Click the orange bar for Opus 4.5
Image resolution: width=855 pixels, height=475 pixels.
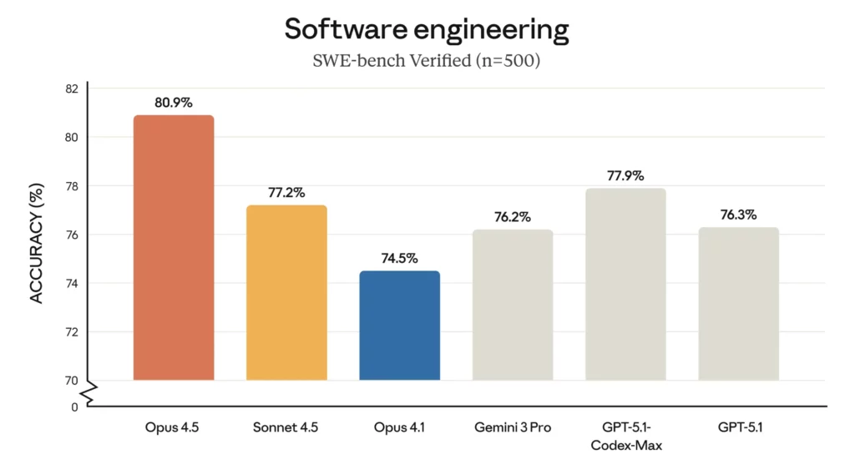tap(174, 248)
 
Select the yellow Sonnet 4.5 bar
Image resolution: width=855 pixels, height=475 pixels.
tap(286, 293)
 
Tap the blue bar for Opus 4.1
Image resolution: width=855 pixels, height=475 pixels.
tap(399, 326)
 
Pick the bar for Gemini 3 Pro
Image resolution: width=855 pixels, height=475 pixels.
tap(513, 305)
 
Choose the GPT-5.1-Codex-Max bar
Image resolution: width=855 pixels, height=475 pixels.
tap(625, 284)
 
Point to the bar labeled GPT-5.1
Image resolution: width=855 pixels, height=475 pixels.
tap(739, 304)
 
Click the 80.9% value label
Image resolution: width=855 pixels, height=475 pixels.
tap(174, 103)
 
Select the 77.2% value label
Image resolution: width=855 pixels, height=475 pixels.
tap(286, 193)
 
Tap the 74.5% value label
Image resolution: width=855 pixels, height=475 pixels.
tap(399, 258)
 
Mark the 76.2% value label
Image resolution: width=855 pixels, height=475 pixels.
tap(513, 217)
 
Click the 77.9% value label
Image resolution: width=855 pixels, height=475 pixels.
tap(625, 176)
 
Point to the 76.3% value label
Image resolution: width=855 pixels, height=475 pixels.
tap(739, 215)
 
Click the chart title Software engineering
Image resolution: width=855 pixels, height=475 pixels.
tap(427, 30)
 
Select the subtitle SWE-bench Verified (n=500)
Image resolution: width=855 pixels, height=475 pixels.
tap(427, 62)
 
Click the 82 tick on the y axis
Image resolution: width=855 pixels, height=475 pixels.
tap(71, 88)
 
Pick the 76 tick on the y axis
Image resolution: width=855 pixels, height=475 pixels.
tap(71, 235)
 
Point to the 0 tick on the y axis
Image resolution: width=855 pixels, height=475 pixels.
tap(74, 407)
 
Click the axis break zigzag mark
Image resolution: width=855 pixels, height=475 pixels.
tap(89, 392)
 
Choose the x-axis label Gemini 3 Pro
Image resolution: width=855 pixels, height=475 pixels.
tap(513, 428)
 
